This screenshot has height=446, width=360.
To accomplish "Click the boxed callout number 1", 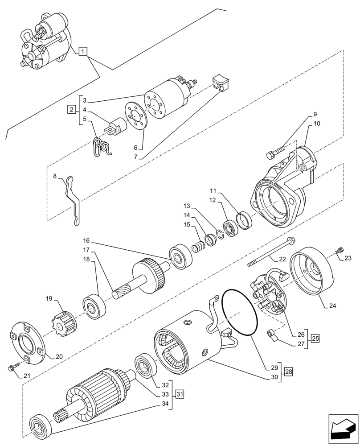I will tap(82, 52).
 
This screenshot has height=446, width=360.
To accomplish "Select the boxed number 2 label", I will tap(71, 109).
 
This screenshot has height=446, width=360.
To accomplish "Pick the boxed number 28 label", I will tap(289, 371).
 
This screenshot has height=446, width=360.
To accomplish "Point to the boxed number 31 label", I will tap(180, 394).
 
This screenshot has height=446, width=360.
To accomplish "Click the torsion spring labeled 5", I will tap(102, 147).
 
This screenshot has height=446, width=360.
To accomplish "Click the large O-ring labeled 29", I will tap(241, 312).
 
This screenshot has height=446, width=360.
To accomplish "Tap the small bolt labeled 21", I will tap(13, 368).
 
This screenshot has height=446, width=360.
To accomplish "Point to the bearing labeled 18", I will tap(94, 307).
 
